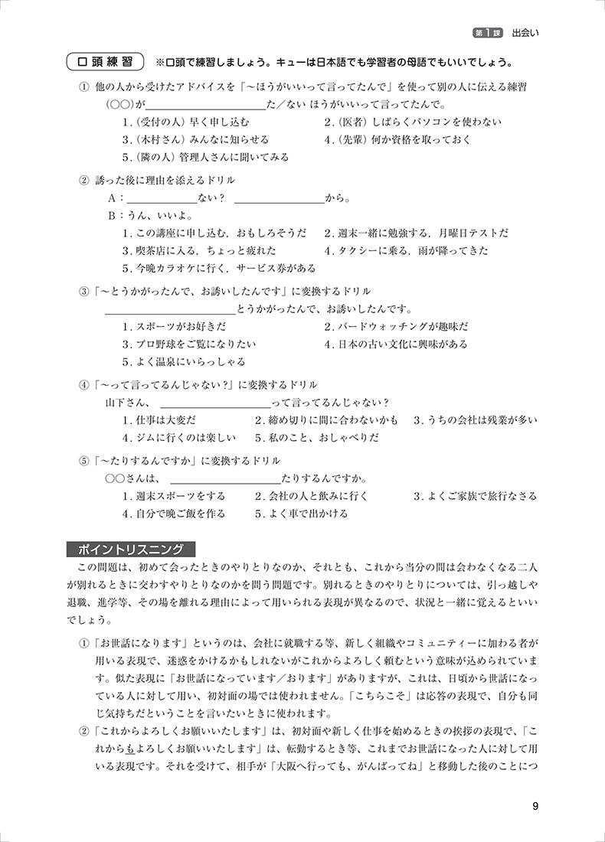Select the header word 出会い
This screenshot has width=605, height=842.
528,34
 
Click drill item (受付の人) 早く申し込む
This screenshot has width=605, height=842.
185,122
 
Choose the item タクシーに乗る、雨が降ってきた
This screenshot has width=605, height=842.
406,250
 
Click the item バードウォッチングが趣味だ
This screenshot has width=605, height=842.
397,327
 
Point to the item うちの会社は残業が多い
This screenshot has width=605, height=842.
476,420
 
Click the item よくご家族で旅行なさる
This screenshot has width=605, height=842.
476,496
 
